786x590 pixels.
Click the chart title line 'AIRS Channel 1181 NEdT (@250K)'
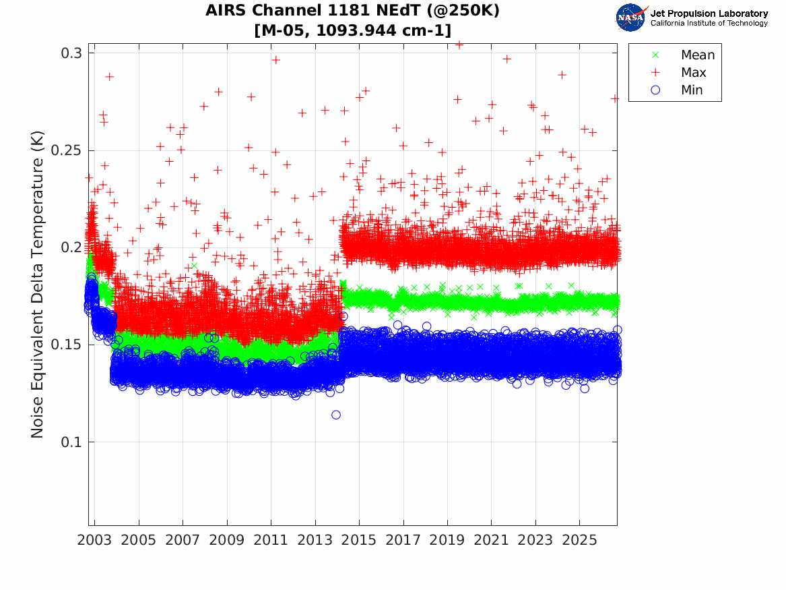[352, 11]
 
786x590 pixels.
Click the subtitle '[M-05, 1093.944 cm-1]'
[353, 30]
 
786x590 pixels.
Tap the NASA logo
[631, 18]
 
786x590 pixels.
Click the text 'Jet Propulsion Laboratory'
[709, 13]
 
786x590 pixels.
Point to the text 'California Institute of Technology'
[709, 23]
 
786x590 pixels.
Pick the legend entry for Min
[676, 90]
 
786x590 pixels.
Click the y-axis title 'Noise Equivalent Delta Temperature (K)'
[38, 285]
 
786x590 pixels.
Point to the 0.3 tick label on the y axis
[71, 53]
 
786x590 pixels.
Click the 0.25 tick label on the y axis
[67, 150]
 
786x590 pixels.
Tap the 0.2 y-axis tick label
[71, 247]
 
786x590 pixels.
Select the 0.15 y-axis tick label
[67, 345]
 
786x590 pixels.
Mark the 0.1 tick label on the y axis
[71, 442]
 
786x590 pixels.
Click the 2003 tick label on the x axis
[94, 540]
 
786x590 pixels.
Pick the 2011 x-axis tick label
[271, 540]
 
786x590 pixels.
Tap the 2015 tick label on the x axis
[359, 540]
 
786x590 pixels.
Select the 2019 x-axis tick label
[447, 540]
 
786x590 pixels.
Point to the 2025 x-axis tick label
[579, 540]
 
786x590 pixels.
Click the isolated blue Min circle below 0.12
[336, 415]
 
